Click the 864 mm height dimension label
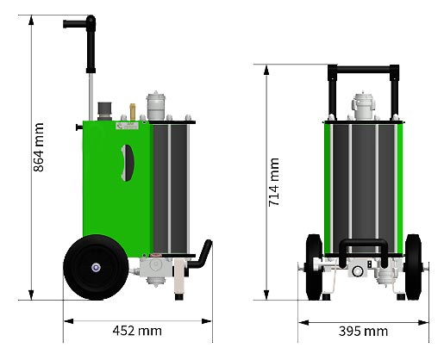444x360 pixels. pos(39,147)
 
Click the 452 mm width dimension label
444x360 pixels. pos(137,331)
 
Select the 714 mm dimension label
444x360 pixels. pos(273,182)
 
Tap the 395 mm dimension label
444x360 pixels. pos(363,332)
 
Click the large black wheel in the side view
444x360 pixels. pos(96,267)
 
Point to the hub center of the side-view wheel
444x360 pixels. pos(96,268)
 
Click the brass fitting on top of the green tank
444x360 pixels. pos(133,112)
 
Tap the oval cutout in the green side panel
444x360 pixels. pos(128,163)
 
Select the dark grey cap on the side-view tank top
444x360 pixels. pos(104,111)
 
